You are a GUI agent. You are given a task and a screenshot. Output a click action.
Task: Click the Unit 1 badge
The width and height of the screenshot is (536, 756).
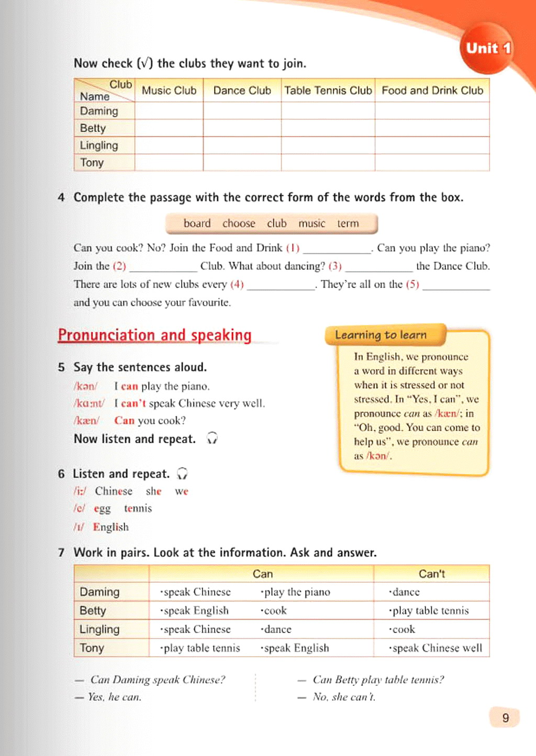[488, 48]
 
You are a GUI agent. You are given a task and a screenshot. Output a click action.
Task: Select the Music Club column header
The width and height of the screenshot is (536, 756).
[169, 91]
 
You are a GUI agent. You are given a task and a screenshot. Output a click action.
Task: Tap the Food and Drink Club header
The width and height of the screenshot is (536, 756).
[432, 91]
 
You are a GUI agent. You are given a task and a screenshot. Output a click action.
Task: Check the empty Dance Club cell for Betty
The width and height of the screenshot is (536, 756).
[242, 128]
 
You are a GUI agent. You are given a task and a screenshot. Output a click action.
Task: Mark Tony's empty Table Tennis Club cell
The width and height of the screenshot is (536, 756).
[328, 163]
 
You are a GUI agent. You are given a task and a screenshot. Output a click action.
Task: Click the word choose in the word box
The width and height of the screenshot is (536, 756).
[239, 223]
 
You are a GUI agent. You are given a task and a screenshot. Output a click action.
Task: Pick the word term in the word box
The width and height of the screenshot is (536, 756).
[348, 223]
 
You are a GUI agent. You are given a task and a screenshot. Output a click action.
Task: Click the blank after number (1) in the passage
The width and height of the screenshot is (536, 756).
[337, 249]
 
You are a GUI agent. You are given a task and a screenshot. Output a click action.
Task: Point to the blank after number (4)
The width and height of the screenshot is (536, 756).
[281, 285]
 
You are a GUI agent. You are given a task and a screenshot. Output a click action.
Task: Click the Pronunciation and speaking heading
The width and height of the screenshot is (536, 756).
[154, 335]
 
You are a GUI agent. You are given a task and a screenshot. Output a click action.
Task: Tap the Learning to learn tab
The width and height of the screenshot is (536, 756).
[381, 335]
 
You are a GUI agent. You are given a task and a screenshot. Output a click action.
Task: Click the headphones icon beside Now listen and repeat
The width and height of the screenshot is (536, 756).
[212, 438]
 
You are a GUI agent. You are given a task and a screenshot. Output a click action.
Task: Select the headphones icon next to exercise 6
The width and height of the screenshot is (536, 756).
[182, 473]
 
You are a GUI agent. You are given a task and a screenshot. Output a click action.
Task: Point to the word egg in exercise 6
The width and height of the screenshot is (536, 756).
[102, 509]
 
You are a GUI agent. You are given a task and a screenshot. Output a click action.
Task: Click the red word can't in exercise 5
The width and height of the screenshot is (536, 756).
[133, 403]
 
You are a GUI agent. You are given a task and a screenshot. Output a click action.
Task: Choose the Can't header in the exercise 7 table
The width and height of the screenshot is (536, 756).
[432, 574]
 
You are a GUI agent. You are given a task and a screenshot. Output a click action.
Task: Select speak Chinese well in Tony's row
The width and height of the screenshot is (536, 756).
[437, 648]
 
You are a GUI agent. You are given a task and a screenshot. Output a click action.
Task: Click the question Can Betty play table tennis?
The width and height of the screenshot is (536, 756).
[378, 680]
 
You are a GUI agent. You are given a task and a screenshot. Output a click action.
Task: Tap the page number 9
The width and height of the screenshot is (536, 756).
[505, 718]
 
